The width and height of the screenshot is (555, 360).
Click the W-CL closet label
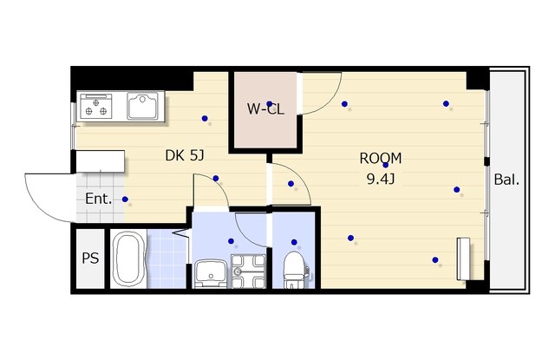(265, 109)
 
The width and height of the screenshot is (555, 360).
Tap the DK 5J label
(185, 155)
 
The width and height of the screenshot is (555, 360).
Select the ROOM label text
(381, 158)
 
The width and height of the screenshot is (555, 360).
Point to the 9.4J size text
(381, 180)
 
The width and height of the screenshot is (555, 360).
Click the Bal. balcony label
(506, 180)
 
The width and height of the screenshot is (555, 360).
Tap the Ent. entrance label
(98, 199)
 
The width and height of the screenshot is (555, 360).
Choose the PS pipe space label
(90, 258)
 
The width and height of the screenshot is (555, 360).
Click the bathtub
(128, 259)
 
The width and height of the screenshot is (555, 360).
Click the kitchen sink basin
(142, 106)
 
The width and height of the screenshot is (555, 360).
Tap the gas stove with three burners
(96, 106)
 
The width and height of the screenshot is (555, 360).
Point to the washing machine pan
(248, 272)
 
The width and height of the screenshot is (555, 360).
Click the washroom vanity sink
(211, 273)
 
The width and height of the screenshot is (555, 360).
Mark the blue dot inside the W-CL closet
(270, 104)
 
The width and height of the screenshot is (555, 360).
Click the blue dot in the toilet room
(294, 242)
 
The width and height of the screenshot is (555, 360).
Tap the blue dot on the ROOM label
(385, 165)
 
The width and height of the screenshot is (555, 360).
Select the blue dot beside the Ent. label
(125, 200)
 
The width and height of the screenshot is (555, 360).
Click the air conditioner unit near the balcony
(463, 259)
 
